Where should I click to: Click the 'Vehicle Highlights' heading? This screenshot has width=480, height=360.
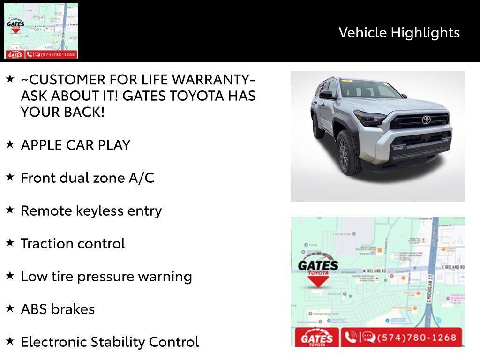tap(399, 32)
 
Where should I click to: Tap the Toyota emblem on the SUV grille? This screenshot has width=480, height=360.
tap(426, 120)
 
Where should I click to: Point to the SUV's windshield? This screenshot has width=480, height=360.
tap(368, 89)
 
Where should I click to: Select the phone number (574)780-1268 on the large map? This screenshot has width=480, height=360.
tap(410, 337)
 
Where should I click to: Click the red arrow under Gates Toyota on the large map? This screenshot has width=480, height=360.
tap(318, 280)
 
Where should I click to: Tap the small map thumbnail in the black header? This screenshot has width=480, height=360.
tap(41, 31)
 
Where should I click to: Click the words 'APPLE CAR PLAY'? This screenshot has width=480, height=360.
tap(75, 145)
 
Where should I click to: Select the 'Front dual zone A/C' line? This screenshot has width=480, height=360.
tap(87, 178)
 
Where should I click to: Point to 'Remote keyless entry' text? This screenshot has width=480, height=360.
tap(91, 210)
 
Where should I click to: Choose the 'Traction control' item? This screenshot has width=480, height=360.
tap(73, 243)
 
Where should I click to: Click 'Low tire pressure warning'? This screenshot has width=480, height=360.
tap(106, 276)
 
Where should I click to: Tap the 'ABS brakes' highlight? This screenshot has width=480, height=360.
tap(58, 309)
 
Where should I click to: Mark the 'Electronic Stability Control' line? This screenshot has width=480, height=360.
tap(110, 342)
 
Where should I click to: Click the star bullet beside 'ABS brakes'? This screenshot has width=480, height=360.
tap(10, 308)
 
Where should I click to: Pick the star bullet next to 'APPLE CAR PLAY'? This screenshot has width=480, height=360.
tap(10, 144)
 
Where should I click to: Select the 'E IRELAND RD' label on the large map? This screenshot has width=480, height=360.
tap(453, 267)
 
